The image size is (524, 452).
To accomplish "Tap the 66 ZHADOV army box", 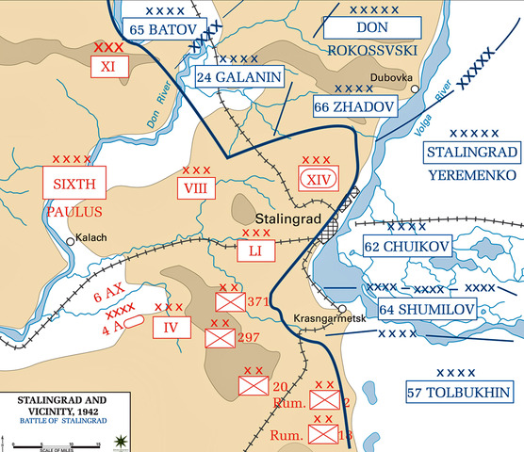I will click(x=354, y=109).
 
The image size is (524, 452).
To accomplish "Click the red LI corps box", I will click(x=255, y=250).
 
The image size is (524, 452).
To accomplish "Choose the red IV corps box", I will click(x=171, y=326).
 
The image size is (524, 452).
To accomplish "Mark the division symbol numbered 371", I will click(x=230, y=301).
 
